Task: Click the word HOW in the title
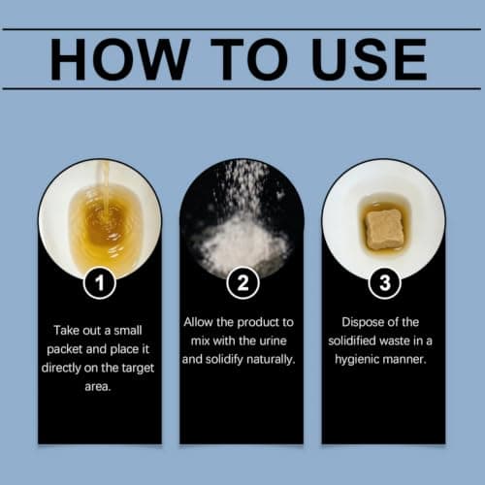point(120,59)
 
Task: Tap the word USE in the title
point(369,59)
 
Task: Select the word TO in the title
point(249,59)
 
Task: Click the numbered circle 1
point(100,282)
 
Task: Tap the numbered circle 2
point(242,282)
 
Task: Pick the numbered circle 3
point(385,282)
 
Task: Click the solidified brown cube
point(384,229)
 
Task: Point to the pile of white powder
point(241,244)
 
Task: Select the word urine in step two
point(274,340)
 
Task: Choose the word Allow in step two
point(198,322)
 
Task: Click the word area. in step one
point(98,387)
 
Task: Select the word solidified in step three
point(352,340)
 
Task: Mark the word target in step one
point(138,369)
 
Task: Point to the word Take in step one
point(65,331)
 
